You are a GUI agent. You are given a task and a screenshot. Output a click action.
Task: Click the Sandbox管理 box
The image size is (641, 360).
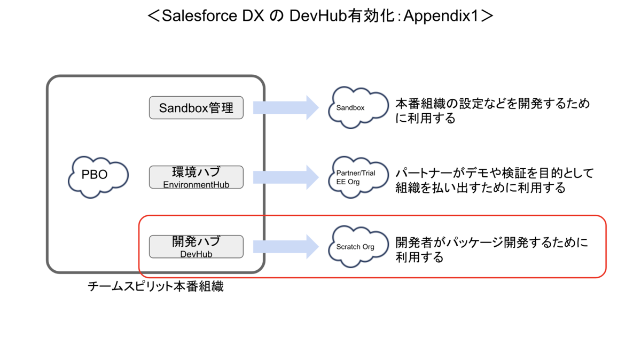[197, 107]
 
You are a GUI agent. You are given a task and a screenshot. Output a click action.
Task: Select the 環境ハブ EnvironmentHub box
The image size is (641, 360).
[197, 177]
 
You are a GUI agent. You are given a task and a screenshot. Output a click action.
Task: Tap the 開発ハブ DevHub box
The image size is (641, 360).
[197, 247]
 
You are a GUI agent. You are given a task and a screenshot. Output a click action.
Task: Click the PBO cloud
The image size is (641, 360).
[98, 177]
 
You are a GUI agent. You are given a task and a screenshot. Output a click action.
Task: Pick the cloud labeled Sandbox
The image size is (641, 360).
[358, 107]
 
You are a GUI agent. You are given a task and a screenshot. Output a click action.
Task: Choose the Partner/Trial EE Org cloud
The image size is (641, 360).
[358, 177]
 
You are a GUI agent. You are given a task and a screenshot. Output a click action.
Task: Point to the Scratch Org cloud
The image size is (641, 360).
[358, 247]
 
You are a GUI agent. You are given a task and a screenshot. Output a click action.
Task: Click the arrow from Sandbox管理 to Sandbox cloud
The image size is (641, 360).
[286, 107]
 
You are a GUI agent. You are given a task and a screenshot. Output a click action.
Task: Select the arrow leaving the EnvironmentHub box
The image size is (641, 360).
[286, 177]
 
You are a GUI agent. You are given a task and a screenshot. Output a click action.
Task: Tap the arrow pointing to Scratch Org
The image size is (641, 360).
[286, 247]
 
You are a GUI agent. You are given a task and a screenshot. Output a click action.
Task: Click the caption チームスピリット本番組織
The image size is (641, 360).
[155, 286]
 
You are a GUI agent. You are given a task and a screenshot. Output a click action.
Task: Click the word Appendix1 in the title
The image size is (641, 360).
[441, 16]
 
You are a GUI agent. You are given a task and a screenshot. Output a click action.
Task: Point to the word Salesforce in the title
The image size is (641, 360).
[199, 15]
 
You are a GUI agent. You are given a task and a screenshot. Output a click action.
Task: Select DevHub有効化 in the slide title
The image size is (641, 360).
[342, 15]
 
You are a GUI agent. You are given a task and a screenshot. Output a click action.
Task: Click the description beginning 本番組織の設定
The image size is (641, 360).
[493, 111]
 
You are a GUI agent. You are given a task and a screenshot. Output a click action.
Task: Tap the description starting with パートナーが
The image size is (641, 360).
[495, 181]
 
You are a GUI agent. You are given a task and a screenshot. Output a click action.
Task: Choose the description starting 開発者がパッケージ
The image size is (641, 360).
[491, 250]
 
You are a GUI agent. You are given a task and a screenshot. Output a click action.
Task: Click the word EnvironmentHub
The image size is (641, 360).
[197, 185]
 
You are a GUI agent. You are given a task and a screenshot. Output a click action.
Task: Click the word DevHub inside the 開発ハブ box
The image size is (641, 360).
[197, 254]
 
